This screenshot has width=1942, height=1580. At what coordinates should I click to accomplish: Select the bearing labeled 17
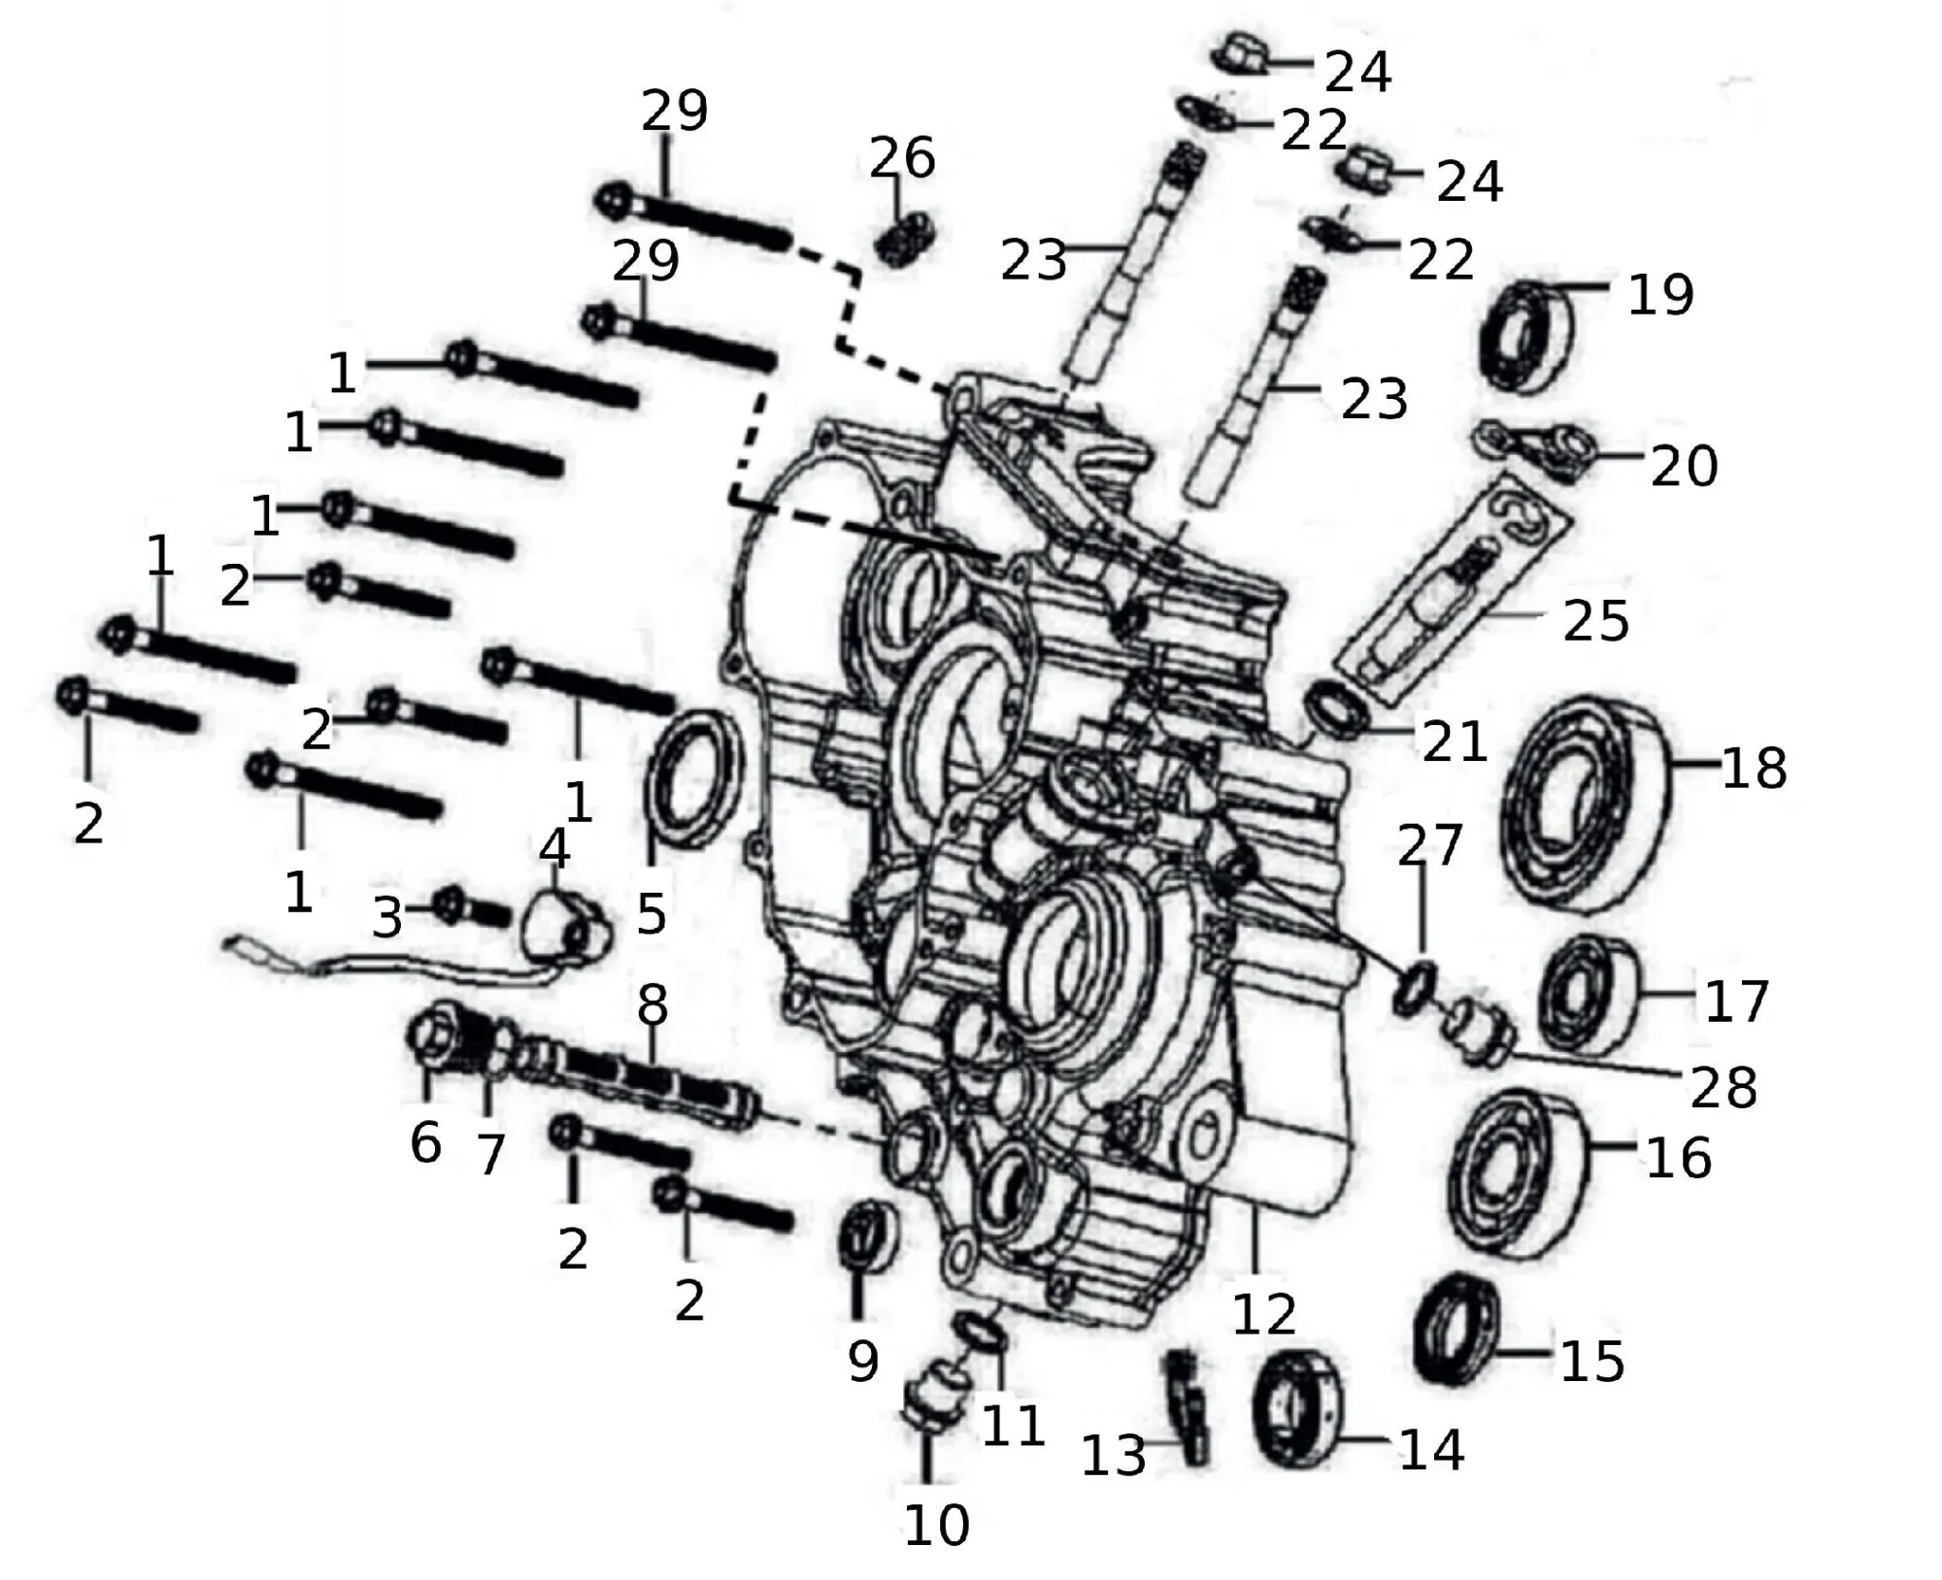click(1589, 994)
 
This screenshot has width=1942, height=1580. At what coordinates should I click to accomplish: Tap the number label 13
click(1114, 1456)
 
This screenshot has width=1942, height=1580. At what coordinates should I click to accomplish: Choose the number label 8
click(653, 1005)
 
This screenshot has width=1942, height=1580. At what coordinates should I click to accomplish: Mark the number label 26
click(902, 158)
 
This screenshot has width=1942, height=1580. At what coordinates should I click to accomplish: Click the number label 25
click(1595, 620)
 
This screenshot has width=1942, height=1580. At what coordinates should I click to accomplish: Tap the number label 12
click(1264, 1314)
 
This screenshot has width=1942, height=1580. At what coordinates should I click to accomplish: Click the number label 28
click(1724, 1087)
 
